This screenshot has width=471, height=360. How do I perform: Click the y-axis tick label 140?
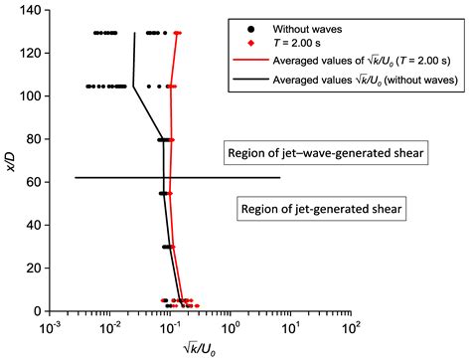[22, 9]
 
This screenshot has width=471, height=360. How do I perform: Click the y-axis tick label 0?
[29, 311]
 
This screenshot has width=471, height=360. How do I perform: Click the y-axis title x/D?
[9, 159]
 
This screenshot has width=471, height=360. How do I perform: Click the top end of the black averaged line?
[135, 33]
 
